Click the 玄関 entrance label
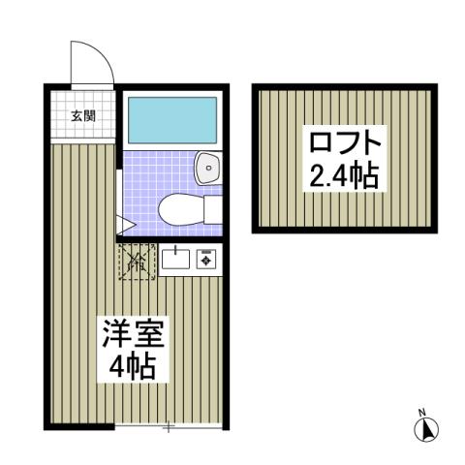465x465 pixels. [82, 116]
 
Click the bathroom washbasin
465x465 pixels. [207, 170]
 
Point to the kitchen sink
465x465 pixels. [176, 258]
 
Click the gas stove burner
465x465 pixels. [205, 258]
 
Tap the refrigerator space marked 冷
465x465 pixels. [135, 261]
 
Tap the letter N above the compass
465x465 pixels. [423, 411]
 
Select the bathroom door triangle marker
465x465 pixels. [125, 225]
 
